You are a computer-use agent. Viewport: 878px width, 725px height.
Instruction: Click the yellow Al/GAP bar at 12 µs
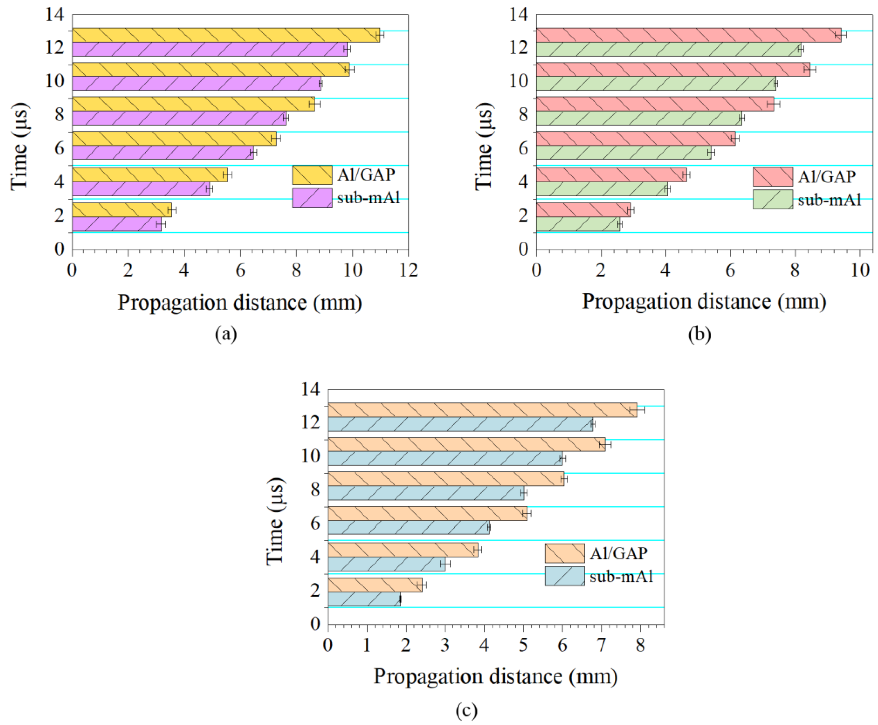[x=225, y=35]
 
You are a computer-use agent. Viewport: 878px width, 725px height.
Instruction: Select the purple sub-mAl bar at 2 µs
[x=117, y=224]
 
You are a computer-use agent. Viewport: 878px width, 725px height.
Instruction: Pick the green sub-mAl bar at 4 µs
[x=602, y=189]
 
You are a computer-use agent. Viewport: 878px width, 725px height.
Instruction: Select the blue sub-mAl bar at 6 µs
[x=408, y=528]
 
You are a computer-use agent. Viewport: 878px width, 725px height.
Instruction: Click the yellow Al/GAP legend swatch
[x=312, y=174]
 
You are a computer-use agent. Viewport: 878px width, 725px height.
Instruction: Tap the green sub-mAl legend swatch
[x=772, y=199]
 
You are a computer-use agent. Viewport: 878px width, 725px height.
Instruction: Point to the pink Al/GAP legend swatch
[x=772, y=177]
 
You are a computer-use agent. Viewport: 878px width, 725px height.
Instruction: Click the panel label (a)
[x=226, y=334]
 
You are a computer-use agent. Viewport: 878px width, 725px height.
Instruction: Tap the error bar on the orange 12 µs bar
[x=637, y=410]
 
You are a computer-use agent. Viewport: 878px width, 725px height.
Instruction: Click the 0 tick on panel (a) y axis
[x=60, y=249]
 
